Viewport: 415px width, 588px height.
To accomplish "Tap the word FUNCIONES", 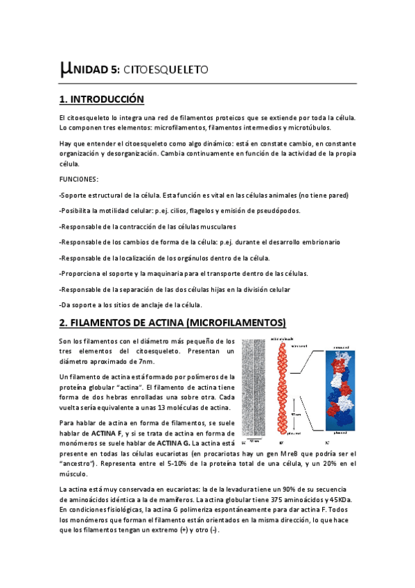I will [x=78, y=179].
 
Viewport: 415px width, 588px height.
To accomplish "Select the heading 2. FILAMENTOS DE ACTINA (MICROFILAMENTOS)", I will [x=173, y=322].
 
